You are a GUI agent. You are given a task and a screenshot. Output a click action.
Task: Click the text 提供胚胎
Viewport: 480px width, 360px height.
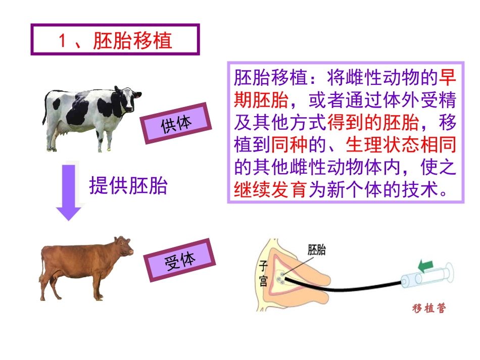tap(128, 186)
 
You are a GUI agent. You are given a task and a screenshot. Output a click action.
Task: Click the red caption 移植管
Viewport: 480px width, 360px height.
tap(429, 308)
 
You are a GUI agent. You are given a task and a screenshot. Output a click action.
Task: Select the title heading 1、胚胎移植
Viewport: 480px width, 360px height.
tap(115, 40)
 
